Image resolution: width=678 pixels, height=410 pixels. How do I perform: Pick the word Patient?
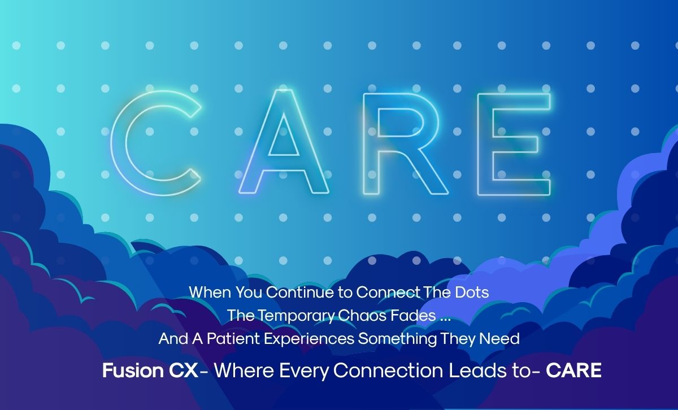tap(233, 339)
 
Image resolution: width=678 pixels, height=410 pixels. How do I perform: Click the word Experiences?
tap(309, 339)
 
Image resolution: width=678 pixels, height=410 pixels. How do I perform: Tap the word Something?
tap(397, 339)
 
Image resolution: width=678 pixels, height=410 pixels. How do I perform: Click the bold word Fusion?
tap(133, 370)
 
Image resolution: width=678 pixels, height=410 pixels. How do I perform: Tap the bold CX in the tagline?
tap(183, 370)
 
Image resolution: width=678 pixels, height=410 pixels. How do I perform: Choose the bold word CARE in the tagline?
tap(573, 370)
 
